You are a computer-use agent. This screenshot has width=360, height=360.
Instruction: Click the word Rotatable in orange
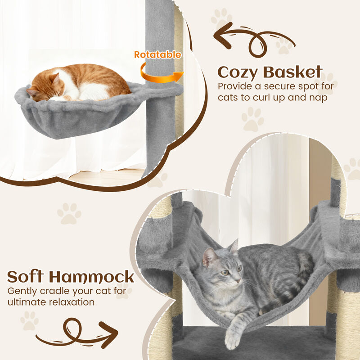point(157,55)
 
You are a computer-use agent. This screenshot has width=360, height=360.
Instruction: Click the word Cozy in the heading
point(238,72)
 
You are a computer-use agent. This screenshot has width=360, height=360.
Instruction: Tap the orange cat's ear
point(56,79)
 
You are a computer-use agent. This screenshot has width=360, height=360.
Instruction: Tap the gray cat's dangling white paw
point(232,337)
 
